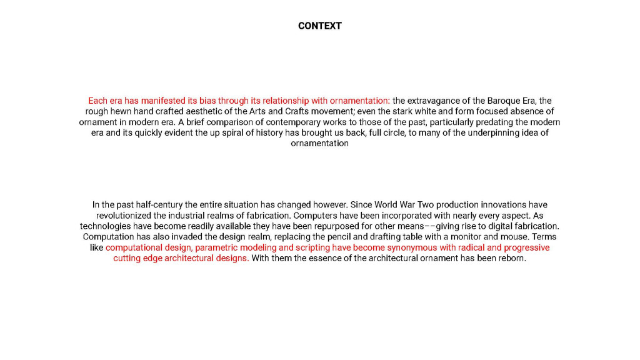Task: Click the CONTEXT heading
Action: coord(319,26)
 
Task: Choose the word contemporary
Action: coord(279,122)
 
